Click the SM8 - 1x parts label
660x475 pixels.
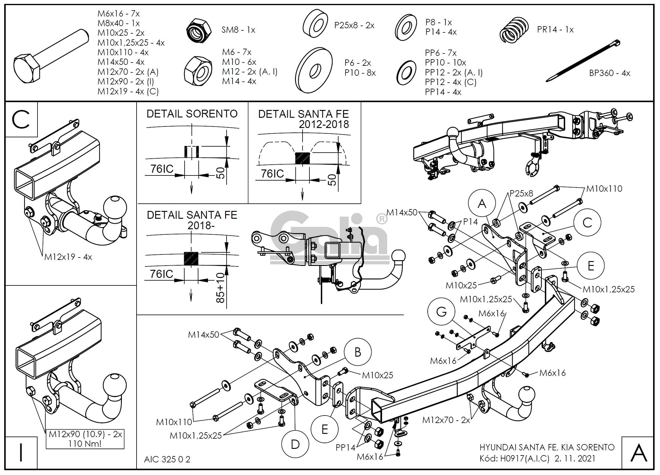click(238, 30)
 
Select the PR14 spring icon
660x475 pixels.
click(514, 29)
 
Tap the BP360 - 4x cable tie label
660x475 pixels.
click(610, 73)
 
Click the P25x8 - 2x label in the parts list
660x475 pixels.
click(354, 25)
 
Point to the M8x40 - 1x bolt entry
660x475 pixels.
click(119, 23)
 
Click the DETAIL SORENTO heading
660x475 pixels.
click(192, 114)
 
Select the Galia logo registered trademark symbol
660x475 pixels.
click(382, 219)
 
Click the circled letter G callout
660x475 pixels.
click(442, 312)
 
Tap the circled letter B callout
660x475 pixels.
click(357, 352)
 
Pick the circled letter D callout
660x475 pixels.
click(295, 444)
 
